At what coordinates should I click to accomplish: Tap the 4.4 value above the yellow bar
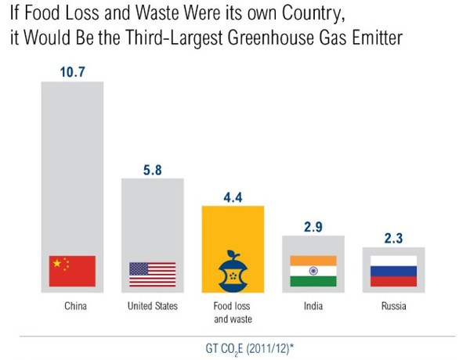(233, 196)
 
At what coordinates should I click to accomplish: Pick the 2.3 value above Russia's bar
(394, 236)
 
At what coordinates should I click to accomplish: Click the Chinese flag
(72, 271)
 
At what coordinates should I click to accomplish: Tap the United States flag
(152, 274)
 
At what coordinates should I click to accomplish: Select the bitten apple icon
(233, 271)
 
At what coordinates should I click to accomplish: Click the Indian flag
(313, 271)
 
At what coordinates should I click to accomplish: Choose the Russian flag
(394, 271)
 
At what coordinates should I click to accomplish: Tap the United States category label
(153, 306)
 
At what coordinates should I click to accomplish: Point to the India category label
(313, 306)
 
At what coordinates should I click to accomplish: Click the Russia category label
(394, 306)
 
